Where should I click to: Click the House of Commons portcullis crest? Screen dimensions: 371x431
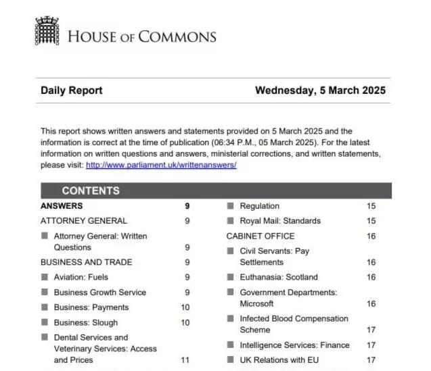click(47, 32)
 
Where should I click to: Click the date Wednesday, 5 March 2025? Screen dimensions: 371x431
click(320, 91)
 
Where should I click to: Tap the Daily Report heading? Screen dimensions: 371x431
click(72, 91)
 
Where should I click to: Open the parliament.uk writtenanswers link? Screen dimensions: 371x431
click(161, 165)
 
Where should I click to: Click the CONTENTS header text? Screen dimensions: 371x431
click(91, 191)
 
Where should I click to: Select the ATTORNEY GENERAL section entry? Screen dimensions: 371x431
click(84, 221)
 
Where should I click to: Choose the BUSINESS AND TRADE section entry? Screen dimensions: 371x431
click(87, 262)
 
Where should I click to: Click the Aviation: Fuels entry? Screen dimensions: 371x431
click(81, 277)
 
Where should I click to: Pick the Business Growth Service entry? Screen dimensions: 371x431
click(99, 293)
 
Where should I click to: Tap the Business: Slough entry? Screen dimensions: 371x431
click(85, 323)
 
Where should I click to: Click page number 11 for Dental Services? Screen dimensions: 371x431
click(185, 360)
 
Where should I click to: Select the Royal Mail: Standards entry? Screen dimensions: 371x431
click(280, 221)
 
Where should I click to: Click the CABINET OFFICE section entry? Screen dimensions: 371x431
click(260, 237)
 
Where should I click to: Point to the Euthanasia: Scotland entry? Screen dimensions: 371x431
click(278, 277)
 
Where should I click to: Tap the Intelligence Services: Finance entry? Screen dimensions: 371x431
click(294, 345)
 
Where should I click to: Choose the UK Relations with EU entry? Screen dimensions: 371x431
click(279, 360)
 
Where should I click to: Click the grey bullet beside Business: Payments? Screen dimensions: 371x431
click(45, 307)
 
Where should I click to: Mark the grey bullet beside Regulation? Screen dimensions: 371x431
click(231, 206)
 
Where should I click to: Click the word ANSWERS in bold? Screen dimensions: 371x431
click(62, 206)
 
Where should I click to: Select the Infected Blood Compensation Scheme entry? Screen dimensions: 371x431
click(294, 324)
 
